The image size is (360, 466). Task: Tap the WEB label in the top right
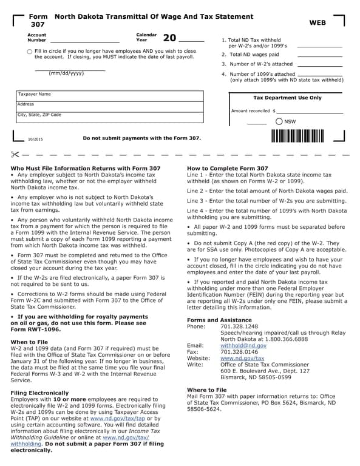(x=318, y=22)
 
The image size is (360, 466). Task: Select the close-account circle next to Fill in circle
(x=30, y=52)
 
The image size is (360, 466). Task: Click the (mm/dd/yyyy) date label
(x=66, y=73)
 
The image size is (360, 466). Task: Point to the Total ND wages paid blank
(x=320, y=55)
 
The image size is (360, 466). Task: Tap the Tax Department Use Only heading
(x=287, y=98)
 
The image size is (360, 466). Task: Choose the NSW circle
(x=279, y=121)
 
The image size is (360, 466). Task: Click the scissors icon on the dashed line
(x=16, y=155)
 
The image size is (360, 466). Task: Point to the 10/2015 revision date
(x=35, y=140)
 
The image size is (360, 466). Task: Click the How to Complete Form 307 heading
(x=227, y=168)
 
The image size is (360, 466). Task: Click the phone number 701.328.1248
(x=239, y=326)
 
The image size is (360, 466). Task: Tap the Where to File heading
(x=206, y=390)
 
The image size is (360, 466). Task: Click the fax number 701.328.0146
(x=239, y=351)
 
